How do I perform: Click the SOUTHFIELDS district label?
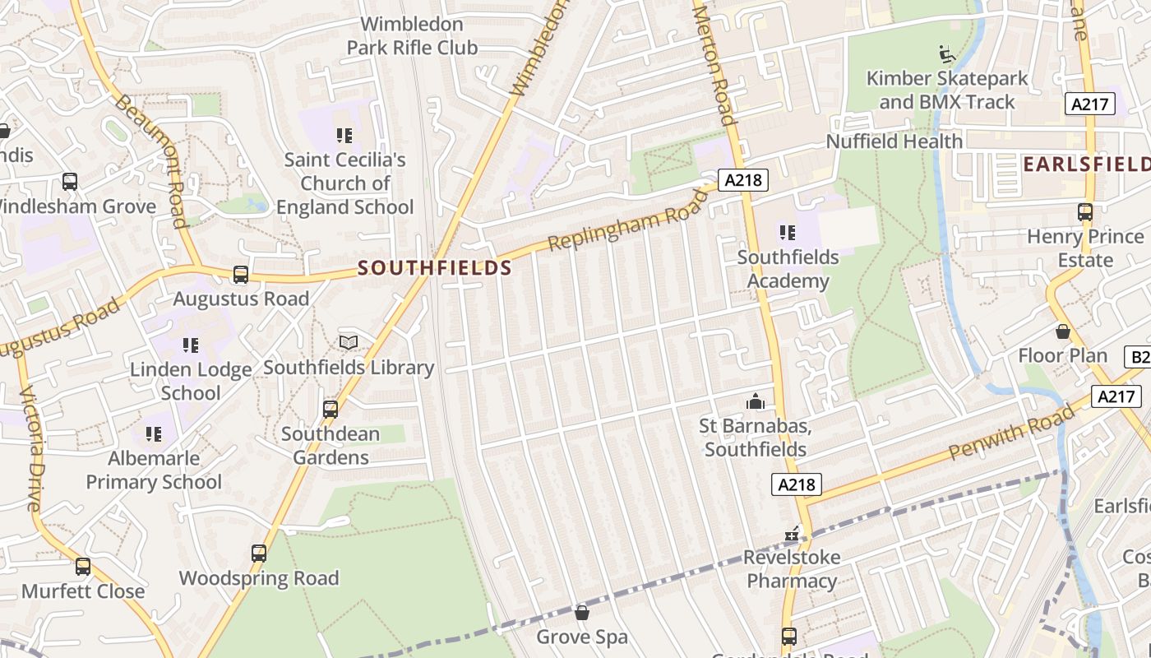(x=435, y=268)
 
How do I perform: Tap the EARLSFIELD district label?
(x=1085, y=164)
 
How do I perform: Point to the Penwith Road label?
(x=1010, y=431)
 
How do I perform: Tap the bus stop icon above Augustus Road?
(x=241, y=275)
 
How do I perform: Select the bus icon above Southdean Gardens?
(x=331, y=409)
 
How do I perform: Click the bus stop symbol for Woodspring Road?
(x=259, y=554)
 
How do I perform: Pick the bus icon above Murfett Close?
(x=83, y=567)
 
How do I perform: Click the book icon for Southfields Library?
(x=349, y=342)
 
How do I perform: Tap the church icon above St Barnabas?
(x=755, y=401)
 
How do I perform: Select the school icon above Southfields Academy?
(x=788, y=233)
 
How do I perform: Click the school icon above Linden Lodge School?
(x=191, y=345)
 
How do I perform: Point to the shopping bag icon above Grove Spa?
(x=582, y=613)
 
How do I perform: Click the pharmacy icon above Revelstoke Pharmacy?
(x=792, y=535)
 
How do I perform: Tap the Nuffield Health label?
(x=894, y=141)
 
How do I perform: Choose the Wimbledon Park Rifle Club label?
(x=412, y=36)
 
